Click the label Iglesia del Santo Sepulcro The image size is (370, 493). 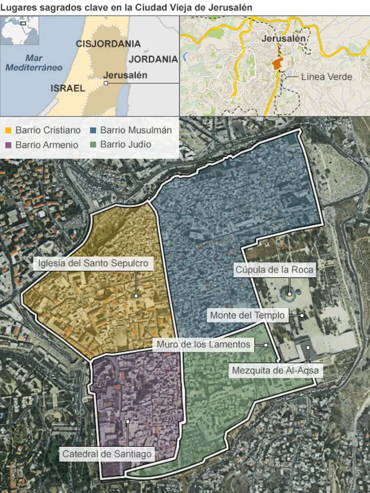pyautogui.click(x=93, y=264)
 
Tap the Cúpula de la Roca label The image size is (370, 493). pyautogui.click(x=274, y=269)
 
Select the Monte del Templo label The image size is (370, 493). pyautogui.click(x=247, y=316)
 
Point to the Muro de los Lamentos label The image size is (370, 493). pyautogui.click(x=203, y=344)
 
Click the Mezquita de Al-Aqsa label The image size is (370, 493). pyautogui.click(x=275, y=370)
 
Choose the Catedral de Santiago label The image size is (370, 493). pyautogui.click(x=107, y=454)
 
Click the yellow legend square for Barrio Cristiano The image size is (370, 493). pyautogui.click(x=8, y=131)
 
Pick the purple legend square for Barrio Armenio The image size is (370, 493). pyautogui.click(x=8, y=144)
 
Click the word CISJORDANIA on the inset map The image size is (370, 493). pyautogui.click(x=108, y=44)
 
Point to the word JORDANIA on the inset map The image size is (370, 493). pyautogui.click(x=153, y=59)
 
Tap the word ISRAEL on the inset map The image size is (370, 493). pyautogui.click(x=68, y=88)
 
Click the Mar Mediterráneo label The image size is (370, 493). pyautogui.click(x=34, y=62)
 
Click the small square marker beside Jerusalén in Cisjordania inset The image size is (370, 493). pyautogui.click(x=106, y=83)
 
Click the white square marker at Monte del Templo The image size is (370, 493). pyautogui.click(x=302, y=316)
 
